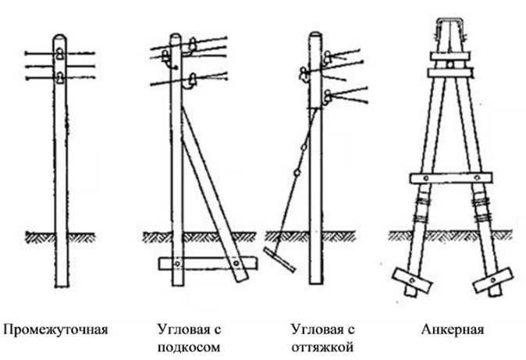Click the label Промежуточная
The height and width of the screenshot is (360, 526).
coord(55,329)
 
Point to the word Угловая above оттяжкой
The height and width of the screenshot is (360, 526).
coord(318,329)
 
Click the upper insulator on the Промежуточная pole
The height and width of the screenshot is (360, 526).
coord(59,53)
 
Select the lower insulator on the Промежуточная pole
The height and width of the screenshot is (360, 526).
coord(59,77)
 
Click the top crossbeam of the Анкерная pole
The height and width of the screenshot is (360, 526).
coord(450,73)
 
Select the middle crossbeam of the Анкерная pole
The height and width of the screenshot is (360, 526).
coord(450,176)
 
